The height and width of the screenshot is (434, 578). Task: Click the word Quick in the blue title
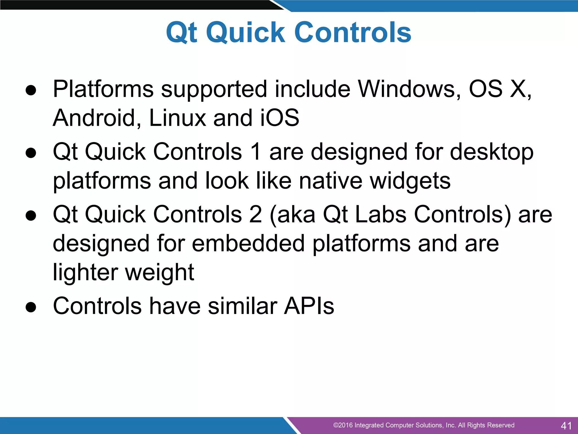tap(246, 33)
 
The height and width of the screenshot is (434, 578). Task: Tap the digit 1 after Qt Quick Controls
tap(255, 152)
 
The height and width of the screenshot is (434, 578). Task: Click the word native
tap(330, 181)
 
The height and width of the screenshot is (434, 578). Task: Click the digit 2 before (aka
tap(255, 215)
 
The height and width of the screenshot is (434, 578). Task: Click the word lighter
tap(85, 273)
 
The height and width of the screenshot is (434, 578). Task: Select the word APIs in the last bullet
tap(309, 306)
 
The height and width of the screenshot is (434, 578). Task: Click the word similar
tap(243, 306)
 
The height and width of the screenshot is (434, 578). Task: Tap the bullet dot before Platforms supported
tap(31, 90)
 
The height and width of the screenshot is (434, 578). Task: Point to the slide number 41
tap(566, 426)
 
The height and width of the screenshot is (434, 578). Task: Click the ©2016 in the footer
tap(343, 425)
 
